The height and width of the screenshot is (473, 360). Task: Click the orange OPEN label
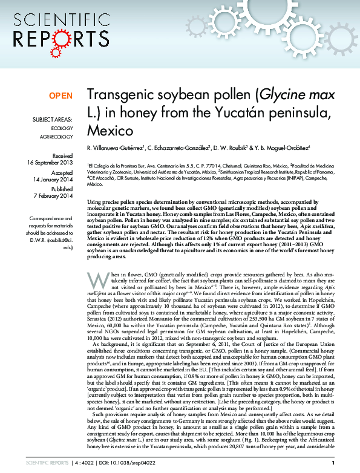(61, 96)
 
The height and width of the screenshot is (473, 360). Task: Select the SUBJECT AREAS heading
(52, 120)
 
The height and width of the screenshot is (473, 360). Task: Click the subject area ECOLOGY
(62, 129)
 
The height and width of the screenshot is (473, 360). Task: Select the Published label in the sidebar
(62, 189)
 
